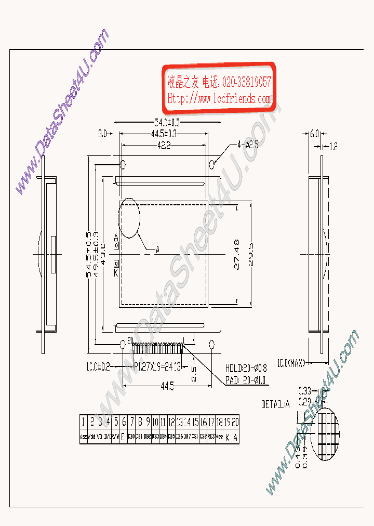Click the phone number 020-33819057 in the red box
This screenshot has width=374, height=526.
click(246, 82)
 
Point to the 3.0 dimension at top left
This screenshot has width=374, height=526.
click(102, 134)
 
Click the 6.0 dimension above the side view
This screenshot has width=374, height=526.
click(314, 134)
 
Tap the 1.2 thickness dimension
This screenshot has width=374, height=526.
click(333, 147)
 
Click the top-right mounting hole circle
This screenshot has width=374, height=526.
click(212, 165)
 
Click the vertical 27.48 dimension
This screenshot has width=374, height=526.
click(237, 254)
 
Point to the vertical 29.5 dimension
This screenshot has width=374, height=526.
click(251, 254)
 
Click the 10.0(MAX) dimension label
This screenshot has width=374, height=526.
click(290, 362)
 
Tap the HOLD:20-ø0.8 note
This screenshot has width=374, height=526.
click(246, 369)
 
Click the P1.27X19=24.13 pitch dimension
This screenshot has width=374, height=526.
click(157, 366)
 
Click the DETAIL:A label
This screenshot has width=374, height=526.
click(275, 404)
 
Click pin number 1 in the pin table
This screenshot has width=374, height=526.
click(83, 422)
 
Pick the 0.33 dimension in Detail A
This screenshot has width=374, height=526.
click(305, 389)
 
